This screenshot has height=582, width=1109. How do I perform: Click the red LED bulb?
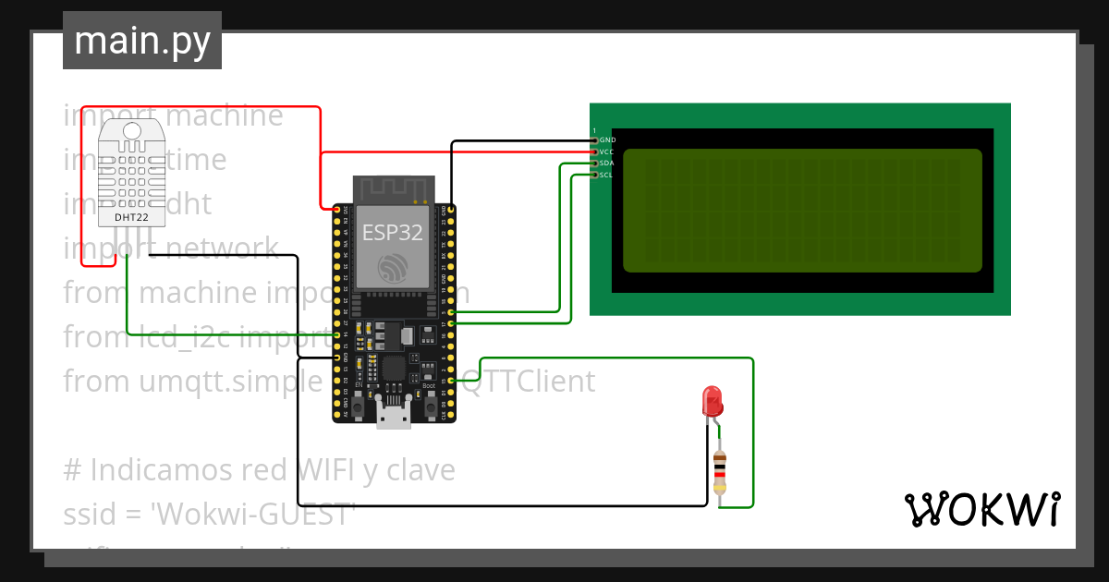click(713, 401)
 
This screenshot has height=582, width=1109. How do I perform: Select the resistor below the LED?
click(720, 472)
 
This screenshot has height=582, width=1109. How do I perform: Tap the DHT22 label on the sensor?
click(131, 218)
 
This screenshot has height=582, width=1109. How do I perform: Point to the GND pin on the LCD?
click(595, 139)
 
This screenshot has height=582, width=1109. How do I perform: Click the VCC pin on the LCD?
click(595, 152)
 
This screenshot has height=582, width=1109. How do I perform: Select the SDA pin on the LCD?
click(595, 164)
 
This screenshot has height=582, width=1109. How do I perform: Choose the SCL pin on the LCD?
click(595, 175)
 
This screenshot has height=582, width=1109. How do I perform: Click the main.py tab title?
click(141, 41)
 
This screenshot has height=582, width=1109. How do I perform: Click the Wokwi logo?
click(981, 509)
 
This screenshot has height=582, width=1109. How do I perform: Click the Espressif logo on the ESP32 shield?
click(393, 268)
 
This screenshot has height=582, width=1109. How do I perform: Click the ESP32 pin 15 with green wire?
click(450, 381)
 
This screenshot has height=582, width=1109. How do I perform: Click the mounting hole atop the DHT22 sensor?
click(131, 131)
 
